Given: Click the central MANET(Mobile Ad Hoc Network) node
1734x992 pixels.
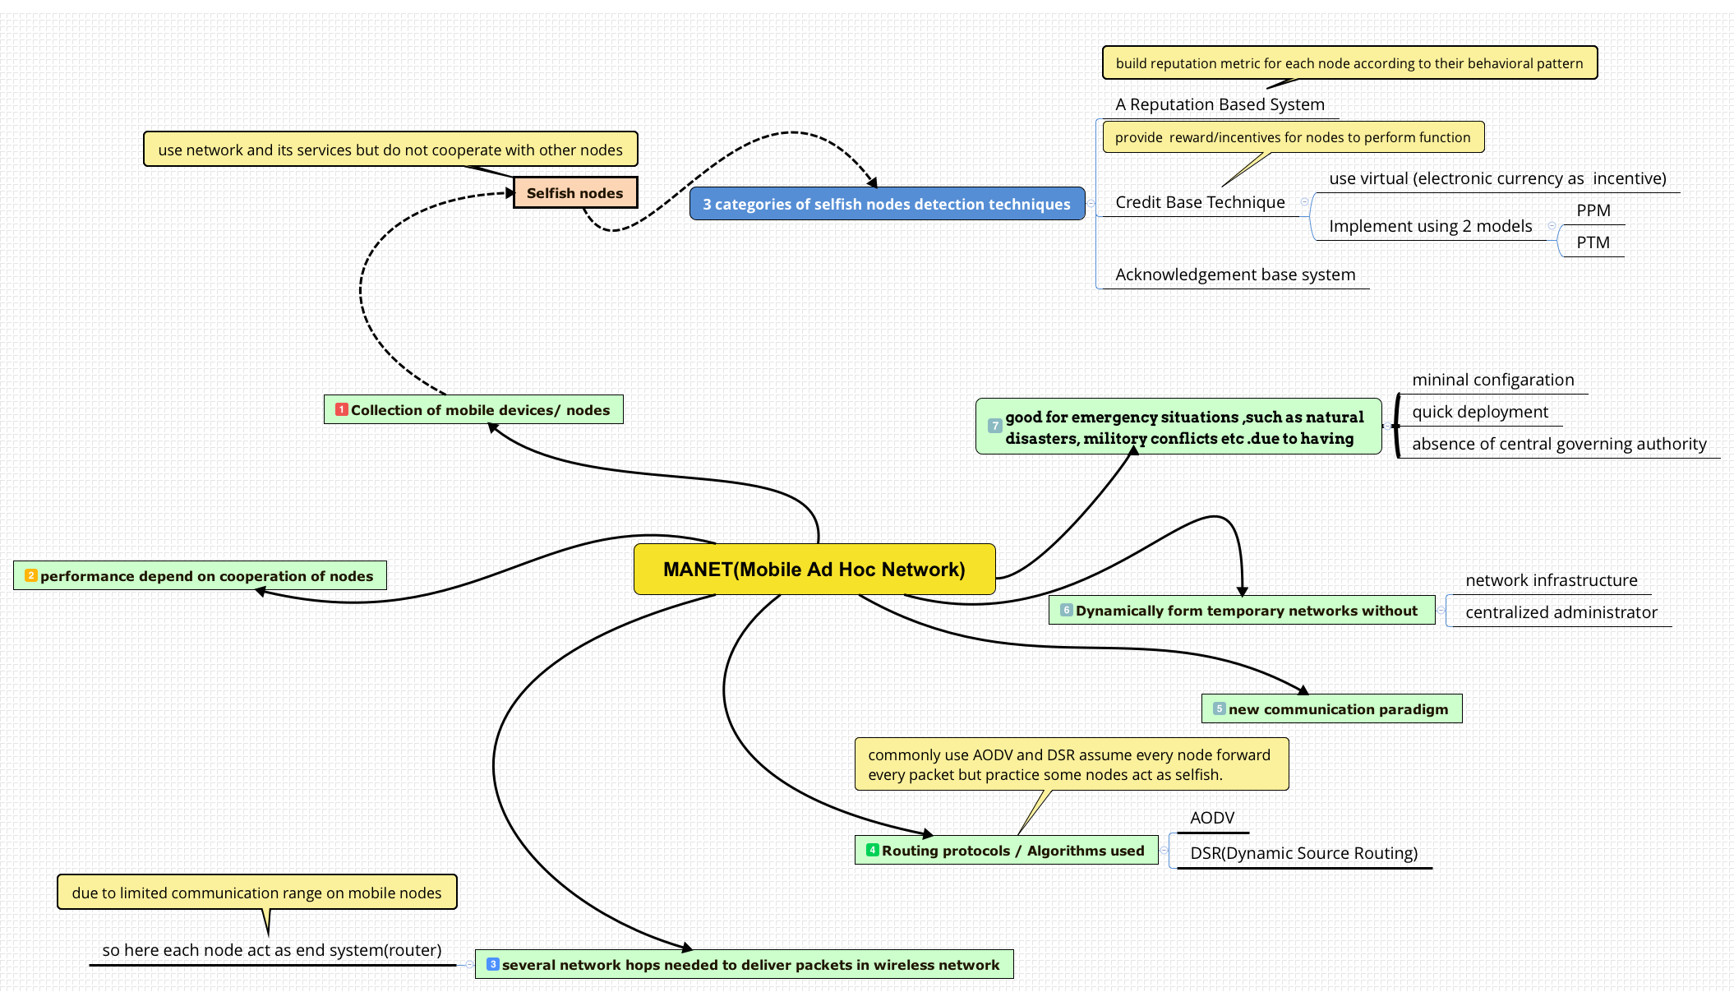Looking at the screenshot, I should point(814,569).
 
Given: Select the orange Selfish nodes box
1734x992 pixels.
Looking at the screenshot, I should point(574,193).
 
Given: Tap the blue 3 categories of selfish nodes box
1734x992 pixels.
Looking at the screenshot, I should point(886,204).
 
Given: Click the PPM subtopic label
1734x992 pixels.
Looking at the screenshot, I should point(1593,210).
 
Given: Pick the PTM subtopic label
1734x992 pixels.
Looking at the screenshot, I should point(1593,242).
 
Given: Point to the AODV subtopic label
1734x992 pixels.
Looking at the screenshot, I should point(1212,818).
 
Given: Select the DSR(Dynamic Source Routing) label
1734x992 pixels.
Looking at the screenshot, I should point(1303,853).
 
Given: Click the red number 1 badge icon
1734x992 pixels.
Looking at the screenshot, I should point(342,409).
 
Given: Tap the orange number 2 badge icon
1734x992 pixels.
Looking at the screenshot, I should point(31,575).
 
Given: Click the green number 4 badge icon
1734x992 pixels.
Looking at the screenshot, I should point(873,850).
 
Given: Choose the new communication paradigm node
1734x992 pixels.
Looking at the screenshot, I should point(1331,708).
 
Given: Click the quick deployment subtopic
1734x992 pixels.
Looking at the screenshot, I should point(1479,412).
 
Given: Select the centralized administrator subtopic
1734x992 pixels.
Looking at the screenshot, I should point(1561,612).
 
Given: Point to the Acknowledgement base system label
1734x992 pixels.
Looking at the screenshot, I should point(1234,275).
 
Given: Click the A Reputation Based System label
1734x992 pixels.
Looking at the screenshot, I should point(1220,104).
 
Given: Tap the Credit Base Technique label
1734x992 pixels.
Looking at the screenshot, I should point(1200,202).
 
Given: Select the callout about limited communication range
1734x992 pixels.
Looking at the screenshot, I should point(256,893).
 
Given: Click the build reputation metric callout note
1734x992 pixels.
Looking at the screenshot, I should point(1349,63).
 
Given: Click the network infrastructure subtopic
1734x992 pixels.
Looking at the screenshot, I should point(1551,580).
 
